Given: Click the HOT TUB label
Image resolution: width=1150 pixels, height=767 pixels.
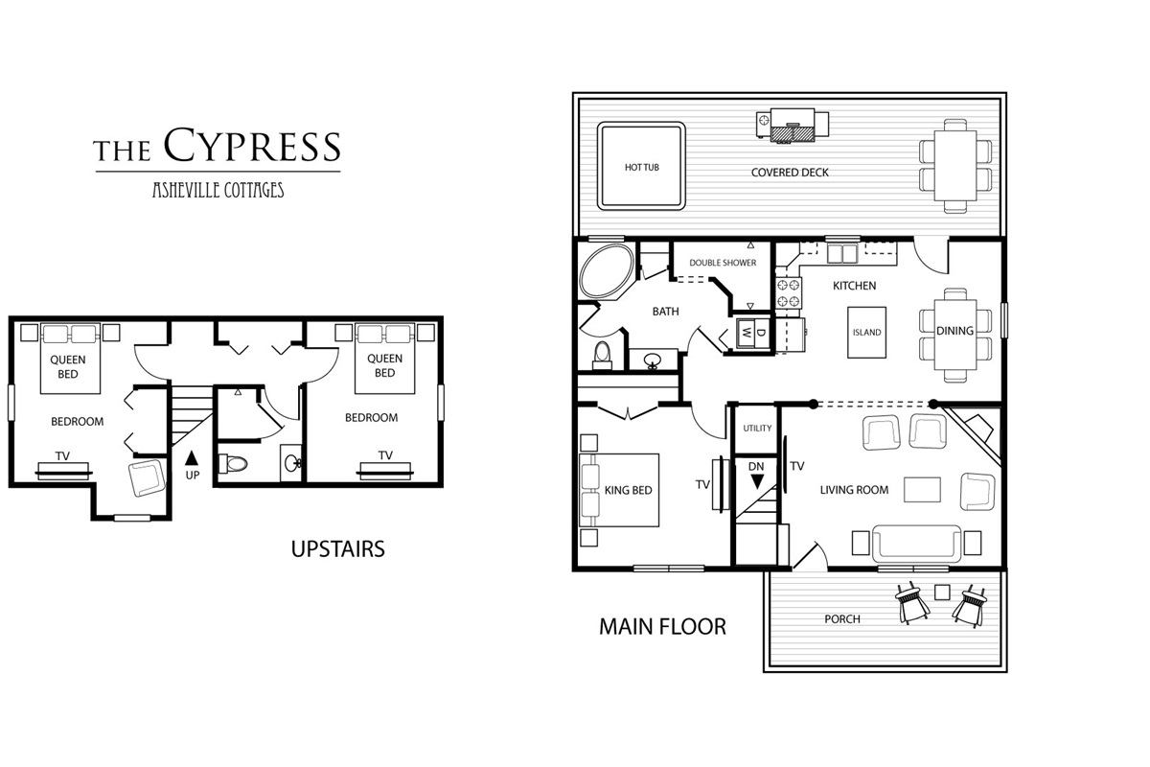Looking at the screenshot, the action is pos(642,168).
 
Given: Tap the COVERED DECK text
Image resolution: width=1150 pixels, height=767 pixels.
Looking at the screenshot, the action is pos(790,173).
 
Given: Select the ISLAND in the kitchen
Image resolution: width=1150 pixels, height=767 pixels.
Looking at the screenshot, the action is pos(866,333).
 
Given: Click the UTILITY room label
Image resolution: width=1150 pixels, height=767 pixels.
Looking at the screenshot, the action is pos(757,428).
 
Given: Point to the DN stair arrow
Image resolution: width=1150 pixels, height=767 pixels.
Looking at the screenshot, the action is pos(757,481).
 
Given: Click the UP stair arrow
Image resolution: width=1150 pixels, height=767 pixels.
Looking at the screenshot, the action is pos(192,457).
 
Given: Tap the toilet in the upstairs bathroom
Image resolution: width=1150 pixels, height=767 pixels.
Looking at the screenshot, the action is pos(233,464).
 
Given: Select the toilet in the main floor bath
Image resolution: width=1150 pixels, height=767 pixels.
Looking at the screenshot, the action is pos(602,356).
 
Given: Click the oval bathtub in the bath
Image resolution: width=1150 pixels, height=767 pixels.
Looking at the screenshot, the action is pos(607,270).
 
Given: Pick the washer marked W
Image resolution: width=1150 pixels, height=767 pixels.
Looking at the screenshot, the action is pos(747,333).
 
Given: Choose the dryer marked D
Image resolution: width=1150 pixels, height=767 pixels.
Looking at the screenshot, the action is pos(762,333).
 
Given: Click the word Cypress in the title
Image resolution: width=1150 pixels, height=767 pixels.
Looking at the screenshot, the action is pos(252,145).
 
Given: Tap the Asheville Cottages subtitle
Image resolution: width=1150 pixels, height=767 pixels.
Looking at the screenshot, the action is pos(218,190).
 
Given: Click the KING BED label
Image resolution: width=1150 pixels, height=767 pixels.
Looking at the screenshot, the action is pos(628,490).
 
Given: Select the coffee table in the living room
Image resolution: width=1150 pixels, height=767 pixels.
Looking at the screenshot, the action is pos(922,490).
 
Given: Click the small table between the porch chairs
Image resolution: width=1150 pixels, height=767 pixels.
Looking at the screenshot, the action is pos(942,593).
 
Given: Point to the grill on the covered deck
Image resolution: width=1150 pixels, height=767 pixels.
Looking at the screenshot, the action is pos(793,125).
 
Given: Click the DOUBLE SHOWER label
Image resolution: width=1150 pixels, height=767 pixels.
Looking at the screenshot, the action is pos(723,263).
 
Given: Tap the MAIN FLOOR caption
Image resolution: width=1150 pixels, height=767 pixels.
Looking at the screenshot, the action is pos(663,627).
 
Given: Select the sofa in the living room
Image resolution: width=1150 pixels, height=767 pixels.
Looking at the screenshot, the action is pos(916,544).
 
